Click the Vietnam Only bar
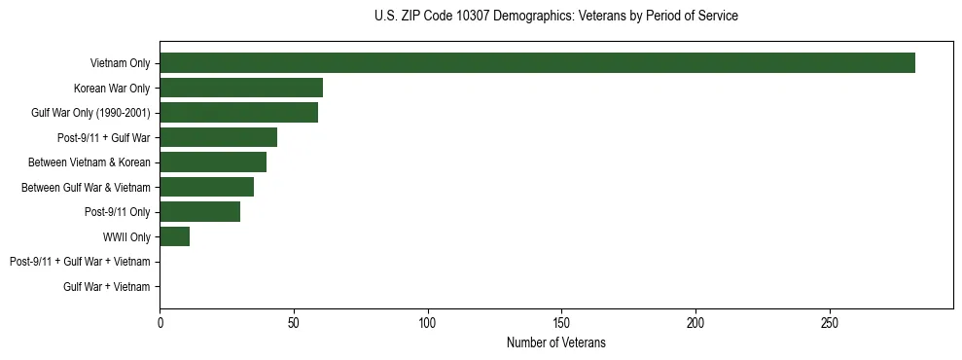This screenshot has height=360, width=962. point(537,63)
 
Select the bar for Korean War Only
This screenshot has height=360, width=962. point(241,88)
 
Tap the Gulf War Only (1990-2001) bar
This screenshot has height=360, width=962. point(238,113)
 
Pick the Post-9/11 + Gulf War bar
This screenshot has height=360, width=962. point(218,137)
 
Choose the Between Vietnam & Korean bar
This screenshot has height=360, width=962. point(213,162)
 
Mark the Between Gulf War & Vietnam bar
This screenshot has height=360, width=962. point(206,187)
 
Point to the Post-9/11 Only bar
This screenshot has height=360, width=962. point(199,212)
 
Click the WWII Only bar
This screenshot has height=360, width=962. point(174,236)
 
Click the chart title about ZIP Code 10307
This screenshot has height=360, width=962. point(555,17)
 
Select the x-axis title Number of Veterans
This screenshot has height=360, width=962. point(555,343)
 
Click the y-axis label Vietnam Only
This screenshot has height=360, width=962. point(120,63)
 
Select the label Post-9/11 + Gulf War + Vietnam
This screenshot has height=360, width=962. point(80,262)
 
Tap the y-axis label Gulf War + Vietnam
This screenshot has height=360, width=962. point(107,286)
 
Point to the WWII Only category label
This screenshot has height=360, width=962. point(126,236)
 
